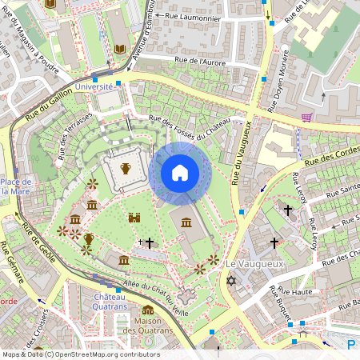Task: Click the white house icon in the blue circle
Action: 179,173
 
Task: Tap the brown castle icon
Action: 134,217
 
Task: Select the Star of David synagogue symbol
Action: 232,282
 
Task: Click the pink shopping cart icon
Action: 306,117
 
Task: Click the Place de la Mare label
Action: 15,186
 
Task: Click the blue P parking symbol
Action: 352,345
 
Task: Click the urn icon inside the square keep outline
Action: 126,168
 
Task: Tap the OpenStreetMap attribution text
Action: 80,354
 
